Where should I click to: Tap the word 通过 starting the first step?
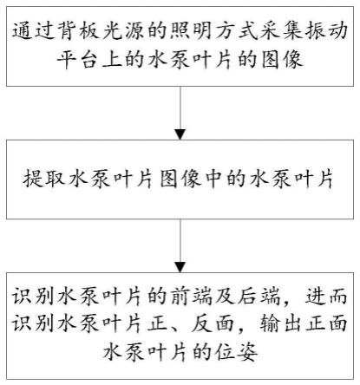coord(32,31)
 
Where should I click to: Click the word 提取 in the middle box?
coord(43,179)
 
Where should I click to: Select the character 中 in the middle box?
coord(213,179)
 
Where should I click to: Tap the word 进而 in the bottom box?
coord(327,297)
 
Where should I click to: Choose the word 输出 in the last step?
coord(282,323)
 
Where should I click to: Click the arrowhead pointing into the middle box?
coord(180,134)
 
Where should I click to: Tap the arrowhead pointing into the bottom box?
coord(180,267)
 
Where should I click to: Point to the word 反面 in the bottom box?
coord(213,323)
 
